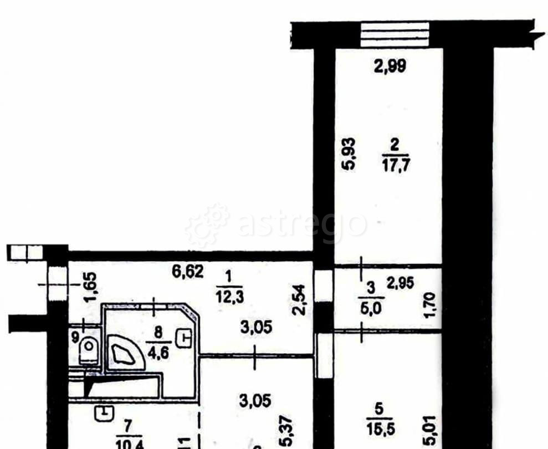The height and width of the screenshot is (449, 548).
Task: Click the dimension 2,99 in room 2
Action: click(x=390, y=67)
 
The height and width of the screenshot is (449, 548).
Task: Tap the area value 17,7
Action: click(x=395, y=165)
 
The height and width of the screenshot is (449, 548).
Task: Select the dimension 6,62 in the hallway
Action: click(x=188, y=272)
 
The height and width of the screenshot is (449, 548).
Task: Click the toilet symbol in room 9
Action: click(x=88, y=351)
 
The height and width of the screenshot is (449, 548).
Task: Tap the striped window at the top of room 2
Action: click(x=395, y=34)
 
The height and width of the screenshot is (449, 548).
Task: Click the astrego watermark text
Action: click(x=302, y=225)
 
